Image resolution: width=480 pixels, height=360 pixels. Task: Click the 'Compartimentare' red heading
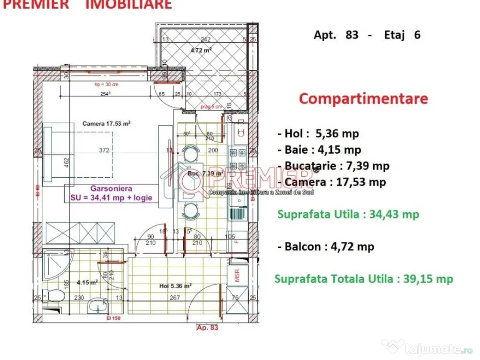click(x=363, y=99)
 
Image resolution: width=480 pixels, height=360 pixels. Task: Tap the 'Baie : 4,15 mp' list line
click(x=323, y=150)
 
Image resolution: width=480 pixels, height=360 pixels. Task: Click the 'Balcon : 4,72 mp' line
click(x=329, y=247)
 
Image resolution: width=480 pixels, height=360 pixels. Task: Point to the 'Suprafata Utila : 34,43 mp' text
click(x=348, y=215)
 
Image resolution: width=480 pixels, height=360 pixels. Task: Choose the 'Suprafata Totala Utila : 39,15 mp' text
click(x=364, y=279)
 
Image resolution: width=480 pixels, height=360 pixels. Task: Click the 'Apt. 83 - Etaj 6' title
click(x=367, y=35)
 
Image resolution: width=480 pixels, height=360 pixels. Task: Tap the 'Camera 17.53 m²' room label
click(x=106, y=124)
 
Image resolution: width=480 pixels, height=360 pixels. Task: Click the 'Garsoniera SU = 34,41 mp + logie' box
click(x=112, y=193)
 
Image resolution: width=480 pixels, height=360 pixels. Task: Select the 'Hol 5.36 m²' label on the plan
click(x=175, y=285)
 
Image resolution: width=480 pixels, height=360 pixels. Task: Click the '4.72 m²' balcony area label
click(x=201, y=50)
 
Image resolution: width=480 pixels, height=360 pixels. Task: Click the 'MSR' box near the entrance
click(x=234, y=274)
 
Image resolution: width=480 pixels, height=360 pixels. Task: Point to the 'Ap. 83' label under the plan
click(x=208, y=328)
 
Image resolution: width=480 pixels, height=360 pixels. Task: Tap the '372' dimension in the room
click(x=104, y=150)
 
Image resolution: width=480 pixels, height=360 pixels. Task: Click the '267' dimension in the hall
click(x=174, y=297)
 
